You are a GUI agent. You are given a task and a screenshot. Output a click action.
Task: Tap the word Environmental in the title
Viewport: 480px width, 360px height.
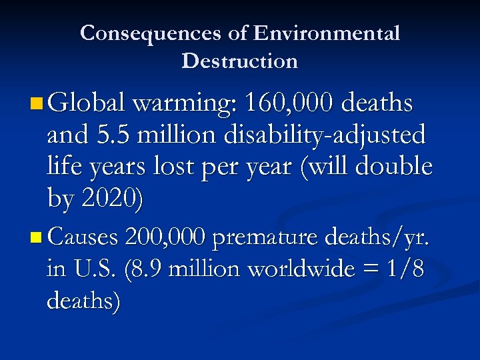coord(327,33)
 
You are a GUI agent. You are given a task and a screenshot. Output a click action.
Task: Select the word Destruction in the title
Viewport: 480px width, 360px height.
coord(239,61)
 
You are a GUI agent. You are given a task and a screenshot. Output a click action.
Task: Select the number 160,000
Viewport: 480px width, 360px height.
coord(290,104)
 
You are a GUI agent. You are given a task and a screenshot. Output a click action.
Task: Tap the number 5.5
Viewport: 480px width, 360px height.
coord(108,135)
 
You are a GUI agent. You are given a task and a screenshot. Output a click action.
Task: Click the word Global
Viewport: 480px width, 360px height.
coord(86,104)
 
